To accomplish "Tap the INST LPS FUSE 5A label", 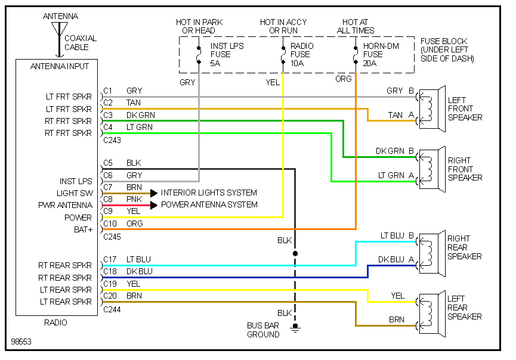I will coord(227,54).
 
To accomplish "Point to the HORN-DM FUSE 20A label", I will coord(377,54).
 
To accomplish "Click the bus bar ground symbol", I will coord(294,327).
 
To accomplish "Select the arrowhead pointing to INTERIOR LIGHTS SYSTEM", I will coord(154,193).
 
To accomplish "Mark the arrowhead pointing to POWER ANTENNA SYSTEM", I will coord(154,205).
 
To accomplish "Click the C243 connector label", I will coord(112,141).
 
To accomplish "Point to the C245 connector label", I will coord(112,237).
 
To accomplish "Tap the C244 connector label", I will coord(112,309).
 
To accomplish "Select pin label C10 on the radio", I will coord(110,224).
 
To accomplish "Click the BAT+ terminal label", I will coord(82,229).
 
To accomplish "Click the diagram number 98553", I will coord(22,343).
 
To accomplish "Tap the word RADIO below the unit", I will coord(55,322).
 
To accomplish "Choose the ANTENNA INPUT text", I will coord(60,66).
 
